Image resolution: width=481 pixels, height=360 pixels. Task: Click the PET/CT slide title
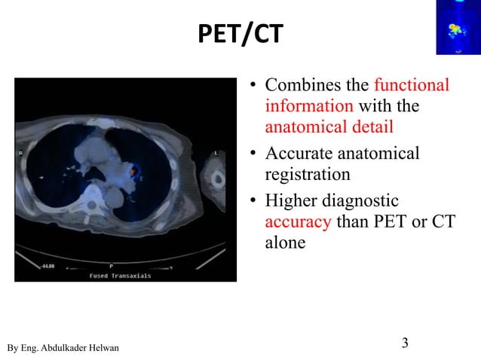tap(239, 34)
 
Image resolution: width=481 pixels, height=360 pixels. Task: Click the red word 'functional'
tap(411, 85)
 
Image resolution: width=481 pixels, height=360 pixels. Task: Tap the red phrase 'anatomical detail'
tap(329, 127)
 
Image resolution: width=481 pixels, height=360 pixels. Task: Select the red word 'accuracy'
tap(298, 222)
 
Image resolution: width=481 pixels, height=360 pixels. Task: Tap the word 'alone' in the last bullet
tap(285, 243)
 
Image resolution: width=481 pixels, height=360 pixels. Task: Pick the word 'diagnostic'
tap(361, 201)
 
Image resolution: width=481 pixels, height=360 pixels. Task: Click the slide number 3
tap(405, 344)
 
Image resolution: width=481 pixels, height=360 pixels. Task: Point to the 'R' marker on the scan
tap(20, 153)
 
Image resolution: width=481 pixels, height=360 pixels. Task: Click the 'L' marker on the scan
tap(216, 153)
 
